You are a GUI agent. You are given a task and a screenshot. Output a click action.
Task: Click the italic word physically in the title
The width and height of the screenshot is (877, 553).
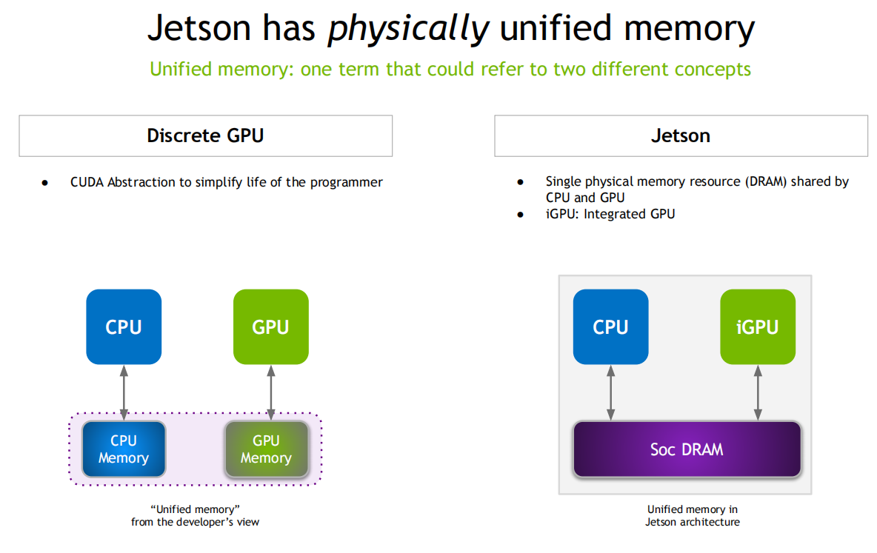pos(409,29)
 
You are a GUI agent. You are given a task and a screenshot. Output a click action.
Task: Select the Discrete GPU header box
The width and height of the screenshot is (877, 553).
pos(205,135)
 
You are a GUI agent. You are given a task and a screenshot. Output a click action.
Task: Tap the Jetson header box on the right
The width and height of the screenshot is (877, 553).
pos(681,135)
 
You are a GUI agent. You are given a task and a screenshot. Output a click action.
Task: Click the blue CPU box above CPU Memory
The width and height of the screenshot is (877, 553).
pos(124,326)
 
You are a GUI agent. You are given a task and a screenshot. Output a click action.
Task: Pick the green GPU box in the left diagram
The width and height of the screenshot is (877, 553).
pos(270,326)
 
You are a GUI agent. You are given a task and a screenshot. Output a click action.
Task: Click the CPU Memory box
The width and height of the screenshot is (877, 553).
pos(124,449)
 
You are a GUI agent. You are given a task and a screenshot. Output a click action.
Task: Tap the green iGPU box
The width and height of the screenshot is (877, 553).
pos(758,326)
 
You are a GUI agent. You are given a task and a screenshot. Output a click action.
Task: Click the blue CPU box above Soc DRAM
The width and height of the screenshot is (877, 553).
pos(610,326)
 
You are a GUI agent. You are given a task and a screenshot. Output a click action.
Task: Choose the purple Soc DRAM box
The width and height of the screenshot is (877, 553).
pos(687,449)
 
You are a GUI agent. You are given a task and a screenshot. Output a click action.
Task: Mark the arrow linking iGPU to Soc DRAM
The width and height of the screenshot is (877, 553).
pos(758,392)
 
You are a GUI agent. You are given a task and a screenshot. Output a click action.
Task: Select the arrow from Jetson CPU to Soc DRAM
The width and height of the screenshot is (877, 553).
pos(610,392)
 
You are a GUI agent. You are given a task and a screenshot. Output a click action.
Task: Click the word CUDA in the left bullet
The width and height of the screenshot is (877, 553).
pos(87,182)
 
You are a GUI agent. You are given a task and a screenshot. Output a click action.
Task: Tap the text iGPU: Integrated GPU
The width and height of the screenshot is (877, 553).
pos(610,214)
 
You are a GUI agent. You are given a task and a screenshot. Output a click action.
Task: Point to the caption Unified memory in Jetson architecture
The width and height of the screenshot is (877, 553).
pos(692,515)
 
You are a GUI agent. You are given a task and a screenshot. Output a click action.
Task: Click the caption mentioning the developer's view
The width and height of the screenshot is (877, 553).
pos(195,515)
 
